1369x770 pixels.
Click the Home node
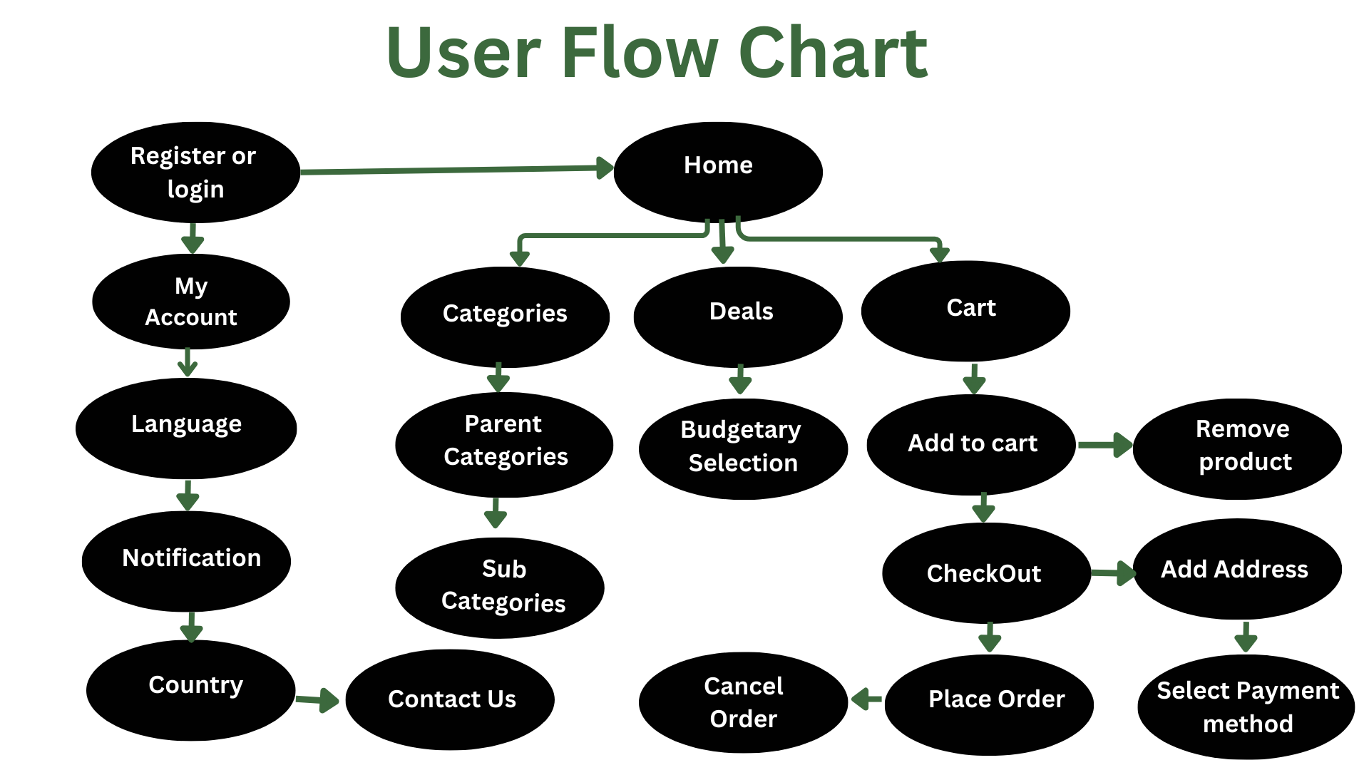click(718, 172)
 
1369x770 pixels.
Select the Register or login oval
click(195, 172)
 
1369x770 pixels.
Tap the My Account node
click(191, 302)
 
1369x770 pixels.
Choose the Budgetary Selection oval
click(743, 448)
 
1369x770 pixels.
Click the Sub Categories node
click(500, 587)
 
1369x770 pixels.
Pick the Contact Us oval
click(450, 699)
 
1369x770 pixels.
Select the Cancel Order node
click(743, 702)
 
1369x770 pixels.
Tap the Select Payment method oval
click(1246, 707)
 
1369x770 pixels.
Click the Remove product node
click(1237, 448)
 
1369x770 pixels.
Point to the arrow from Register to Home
click(457, 170)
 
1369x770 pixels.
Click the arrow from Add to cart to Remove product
click(1105, 445)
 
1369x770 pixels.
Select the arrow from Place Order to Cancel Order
click(866, 699)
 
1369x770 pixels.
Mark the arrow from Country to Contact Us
click(317, 700)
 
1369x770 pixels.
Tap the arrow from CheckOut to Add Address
click(1113, 573)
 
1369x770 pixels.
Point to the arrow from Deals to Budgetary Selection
click(740, 379)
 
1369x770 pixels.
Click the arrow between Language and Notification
click(188, 496)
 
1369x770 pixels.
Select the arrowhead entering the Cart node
click(940, 253)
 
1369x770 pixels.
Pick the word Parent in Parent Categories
click(503, 424)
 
